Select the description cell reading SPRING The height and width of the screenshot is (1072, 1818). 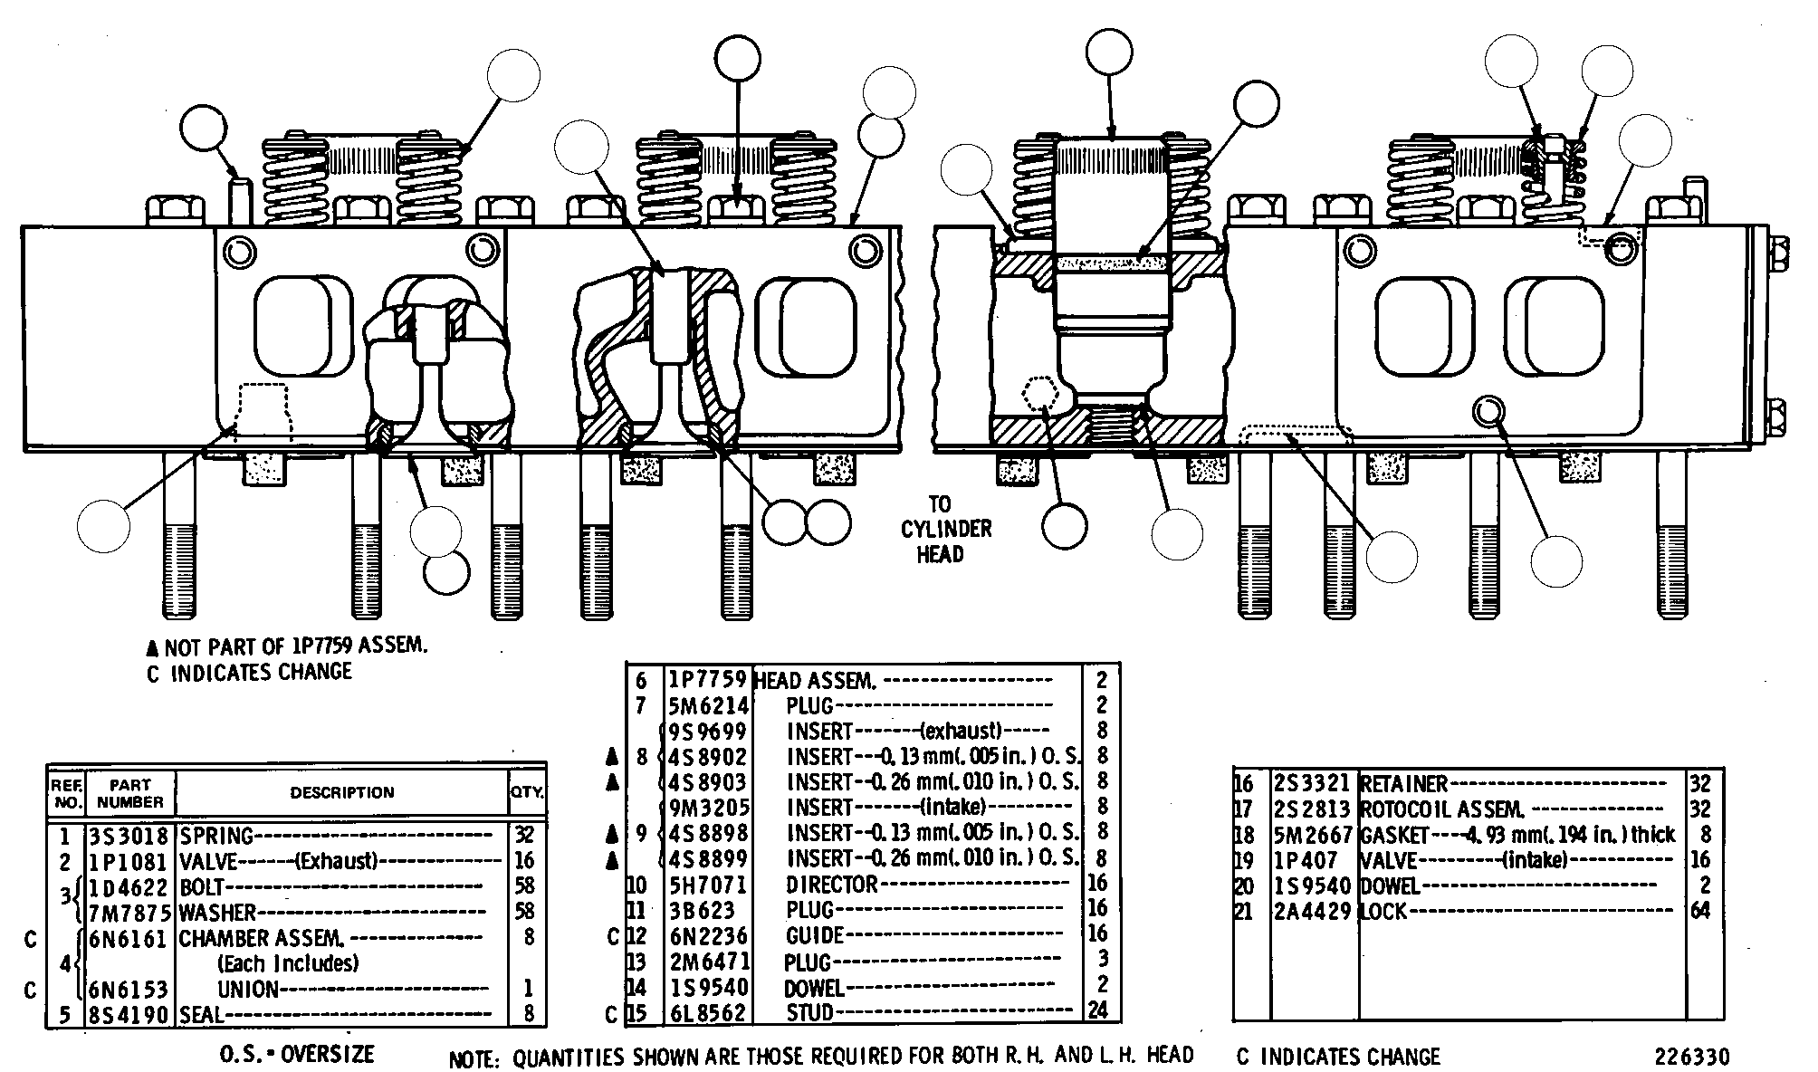pos(216,836)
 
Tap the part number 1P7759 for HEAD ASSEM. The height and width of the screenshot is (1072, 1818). pos(707,679)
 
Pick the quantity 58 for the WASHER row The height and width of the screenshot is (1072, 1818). pos(525,912)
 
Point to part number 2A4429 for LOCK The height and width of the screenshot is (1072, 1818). pos(1313,911)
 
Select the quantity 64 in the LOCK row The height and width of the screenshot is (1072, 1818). pos(1702,911)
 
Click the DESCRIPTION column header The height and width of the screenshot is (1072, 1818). pos(342,792)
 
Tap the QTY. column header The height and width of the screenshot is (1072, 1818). pos(527,792)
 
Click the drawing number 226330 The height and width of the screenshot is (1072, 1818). pos(1692,1058)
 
